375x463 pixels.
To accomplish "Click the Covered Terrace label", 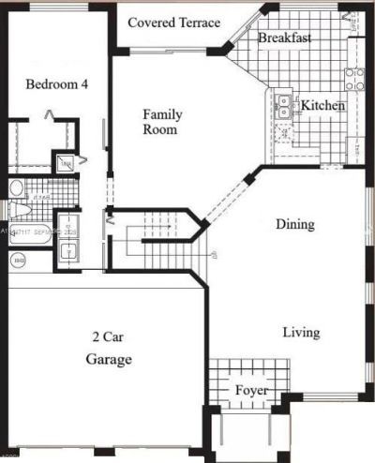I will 173,22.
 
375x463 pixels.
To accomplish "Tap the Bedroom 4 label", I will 56,83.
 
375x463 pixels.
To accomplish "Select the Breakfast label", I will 285,38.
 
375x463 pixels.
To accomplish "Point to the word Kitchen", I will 322,106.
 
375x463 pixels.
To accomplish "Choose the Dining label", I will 294,225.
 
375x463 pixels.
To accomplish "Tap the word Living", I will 302,333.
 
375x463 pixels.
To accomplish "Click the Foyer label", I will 251,390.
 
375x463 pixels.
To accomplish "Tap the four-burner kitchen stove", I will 354,79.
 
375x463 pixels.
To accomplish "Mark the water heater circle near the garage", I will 19,260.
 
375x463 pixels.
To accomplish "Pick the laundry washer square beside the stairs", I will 68,251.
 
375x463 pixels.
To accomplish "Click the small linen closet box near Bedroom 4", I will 64,164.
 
